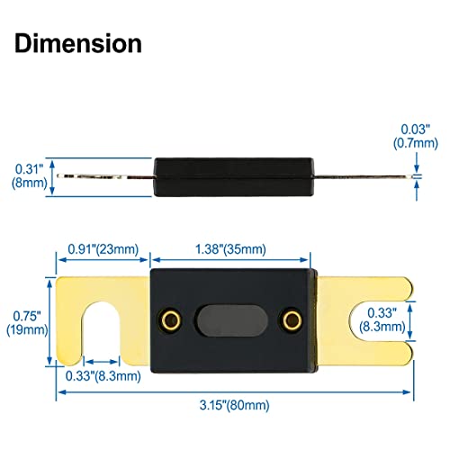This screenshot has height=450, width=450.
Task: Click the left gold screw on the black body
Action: (x=169, y=319)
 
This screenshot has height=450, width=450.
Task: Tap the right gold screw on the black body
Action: (x=290, y=319)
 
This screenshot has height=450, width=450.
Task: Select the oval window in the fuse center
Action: (x=229, y=319)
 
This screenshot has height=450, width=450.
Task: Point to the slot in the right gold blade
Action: (x=378, y=319)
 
